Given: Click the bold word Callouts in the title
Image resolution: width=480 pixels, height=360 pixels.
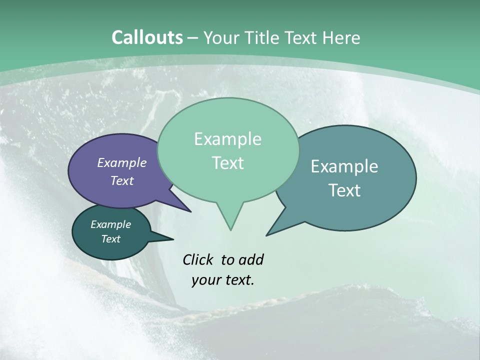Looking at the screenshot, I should [147, 37].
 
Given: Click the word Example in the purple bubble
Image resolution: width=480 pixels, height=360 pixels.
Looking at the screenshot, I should [121, 162].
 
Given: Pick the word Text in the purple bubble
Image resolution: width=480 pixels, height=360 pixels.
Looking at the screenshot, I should [121, 180].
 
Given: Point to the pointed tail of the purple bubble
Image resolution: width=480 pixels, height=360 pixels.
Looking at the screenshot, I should [190, 211].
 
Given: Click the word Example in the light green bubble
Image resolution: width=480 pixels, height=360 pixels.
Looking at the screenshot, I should [227, 139].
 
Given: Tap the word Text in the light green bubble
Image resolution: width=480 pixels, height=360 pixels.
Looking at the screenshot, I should [227, 163].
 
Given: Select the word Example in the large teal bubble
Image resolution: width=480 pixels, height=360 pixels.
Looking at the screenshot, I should [344, 166].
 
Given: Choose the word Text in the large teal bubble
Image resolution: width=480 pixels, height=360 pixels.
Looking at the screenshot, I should [344, 190].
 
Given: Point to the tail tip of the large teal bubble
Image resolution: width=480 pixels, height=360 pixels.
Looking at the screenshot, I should [267, 234].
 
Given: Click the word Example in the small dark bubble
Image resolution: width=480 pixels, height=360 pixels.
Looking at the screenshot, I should [110, 224].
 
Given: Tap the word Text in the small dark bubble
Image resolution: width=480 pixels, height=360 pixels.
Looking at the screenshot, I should [110, 239].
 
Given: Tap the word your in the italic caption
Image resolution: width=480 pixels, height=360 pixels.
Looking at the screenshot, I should [205, 280].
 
